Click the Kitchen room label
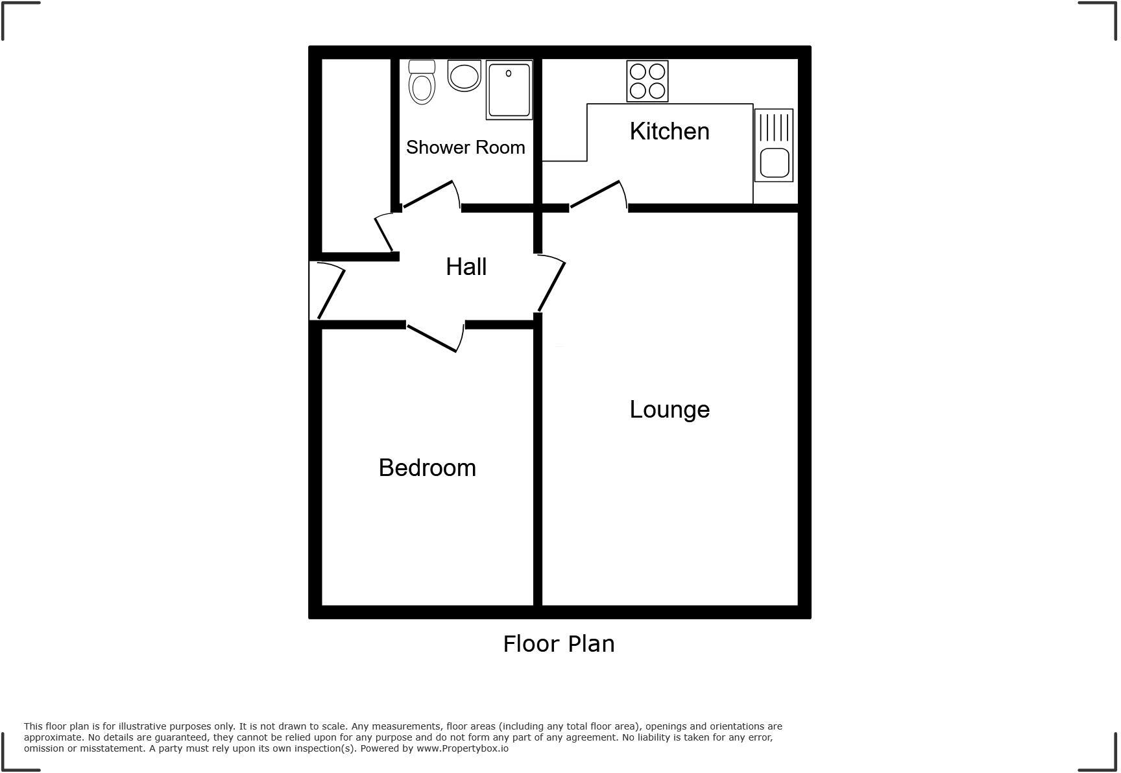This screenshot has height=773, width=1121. coord(669,132)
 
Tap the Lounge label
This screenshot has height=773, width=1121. coord(669,410)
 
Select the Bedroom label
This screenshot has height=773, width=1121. coord(427,468)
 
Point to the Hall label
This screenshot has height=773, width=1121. coord(466,267)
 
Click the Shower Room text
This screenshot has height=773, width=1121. coord(465,148)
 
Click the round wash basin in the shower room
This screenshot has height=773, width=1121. coord(464,76)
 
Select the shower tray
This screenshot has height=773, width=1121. coord(509,91)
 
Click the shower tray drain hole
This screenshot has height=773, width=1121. coord(509,73)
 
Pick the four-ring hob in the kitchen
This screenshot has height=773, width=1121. coord(647,81)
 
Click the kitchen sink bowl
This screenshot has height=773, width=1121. coord(774,163)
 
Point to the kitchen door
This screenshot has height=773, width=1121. coord(595,195)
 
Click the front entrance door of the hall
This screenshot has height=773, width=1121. coord(330,294)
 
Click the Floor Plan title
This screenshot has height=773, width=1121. coord(559,644)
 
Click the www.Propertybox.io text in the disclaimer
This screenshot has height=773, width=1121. coord(463,748)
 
